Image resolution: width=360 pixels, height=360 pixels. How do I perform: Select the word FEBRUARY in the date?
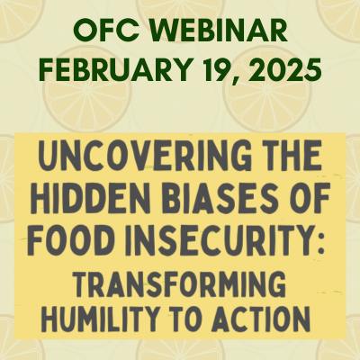[x=114, y=69]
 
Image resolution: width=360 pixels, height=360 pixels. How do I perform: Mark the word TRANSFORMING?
[x=179, y=283]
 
